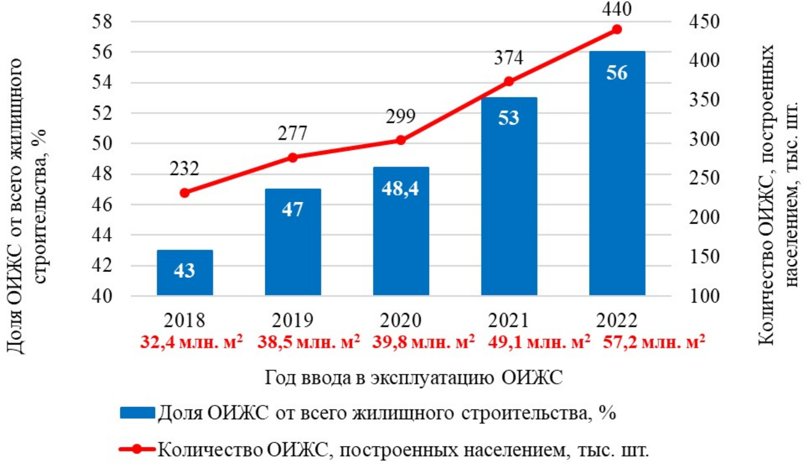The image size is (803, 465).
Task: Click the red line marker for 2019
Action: tap(293, 157)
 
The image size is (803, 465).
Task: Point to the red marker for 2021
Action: tap(509, 81)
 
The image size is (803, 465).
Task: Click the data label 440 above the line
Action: tap(617, 9)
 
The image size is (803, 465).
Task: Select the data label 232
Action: tap(184, 169)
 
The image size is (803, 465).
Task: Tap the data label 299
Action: tap(401, 116)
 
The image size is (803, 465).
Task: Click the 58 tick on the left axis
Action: tap(102, 22)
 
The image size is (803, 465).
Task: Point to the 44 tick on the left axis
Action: tap(102, 235)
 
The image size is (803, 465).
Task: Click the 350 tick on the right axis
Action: tap(704, 100)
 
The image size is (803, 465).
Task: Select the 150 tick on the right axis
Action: tap(704, 257)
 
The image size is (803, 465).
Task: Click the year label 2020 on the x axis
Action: tap(401, 321)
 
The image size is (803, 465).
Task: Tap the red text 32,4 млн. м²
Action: tap(191, 342)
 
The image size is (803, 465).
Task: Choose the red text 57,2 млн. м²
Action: tap(654, 342)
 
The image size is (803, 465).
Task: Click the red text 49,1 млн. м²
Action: tap(539, 342)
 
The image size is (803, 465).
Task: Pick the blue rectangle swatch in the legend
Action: tap(137, 413)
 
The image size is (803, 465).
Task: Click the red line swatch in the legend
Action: tap(137, 449)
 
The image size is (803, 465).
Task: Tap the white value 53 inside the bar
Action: tap(509, 118)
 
